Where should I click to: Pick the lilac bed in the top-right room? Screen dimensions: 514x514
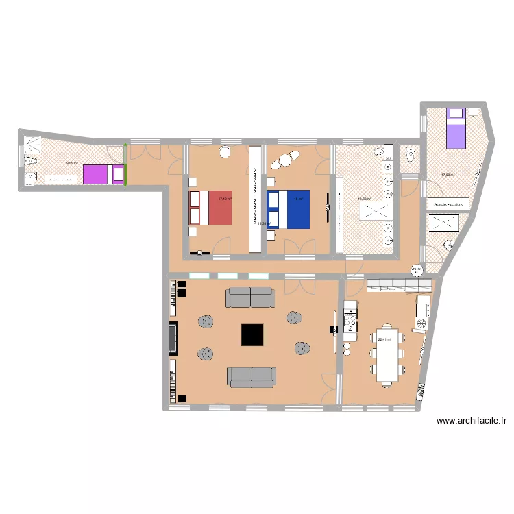tap(456, 128)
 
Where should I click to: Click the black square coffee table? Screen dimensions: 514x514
tap(253, 334)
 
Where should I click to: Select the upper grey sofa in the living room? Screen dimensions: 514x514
tap(250, 297)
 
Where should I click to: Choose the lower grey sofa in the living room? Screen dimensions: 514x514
tap(252, 376)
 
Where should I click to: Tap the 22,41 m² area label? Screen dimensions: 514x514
tap(384, 339)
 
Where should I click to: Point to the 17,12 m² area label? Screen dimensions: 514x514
tap(224, 199)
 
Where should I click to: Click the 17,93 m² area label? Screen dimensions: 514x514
tap(448, 175)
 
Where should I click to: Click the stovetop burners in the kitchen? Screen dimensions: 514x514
tap(350, 319)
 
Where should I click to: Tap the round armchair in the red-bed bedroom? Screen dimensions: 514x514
tap(225, 152)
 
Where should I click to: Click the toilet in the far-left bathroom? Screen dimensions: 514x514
tap(28, 160)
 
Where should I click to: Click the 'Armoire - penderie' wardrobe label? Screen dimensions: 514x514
tap(448, 204)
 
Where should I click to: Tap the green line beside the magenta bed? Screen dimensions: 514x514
tap(125, 164)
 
